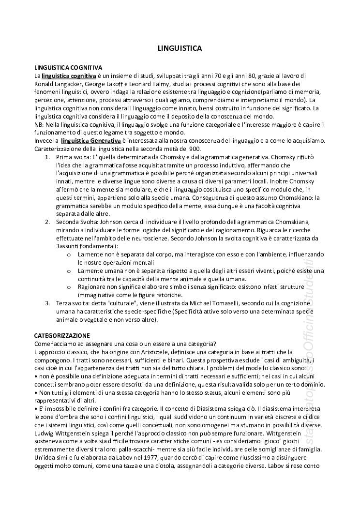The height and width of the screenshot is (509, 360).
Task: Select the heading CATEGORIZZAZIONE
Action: pyautogui.click(x=61, y=335)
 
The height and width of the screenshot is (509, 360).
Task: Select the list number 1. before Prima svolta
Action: pyautogui.click(x=47, y=158)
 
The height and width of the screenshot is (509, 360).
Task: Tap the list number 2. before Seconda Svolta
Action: pyautogui.click(x=47, y=222)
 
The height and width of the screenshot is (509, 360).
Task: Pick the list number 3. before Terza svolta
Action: pyautogui.click(x=47, y=303)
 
